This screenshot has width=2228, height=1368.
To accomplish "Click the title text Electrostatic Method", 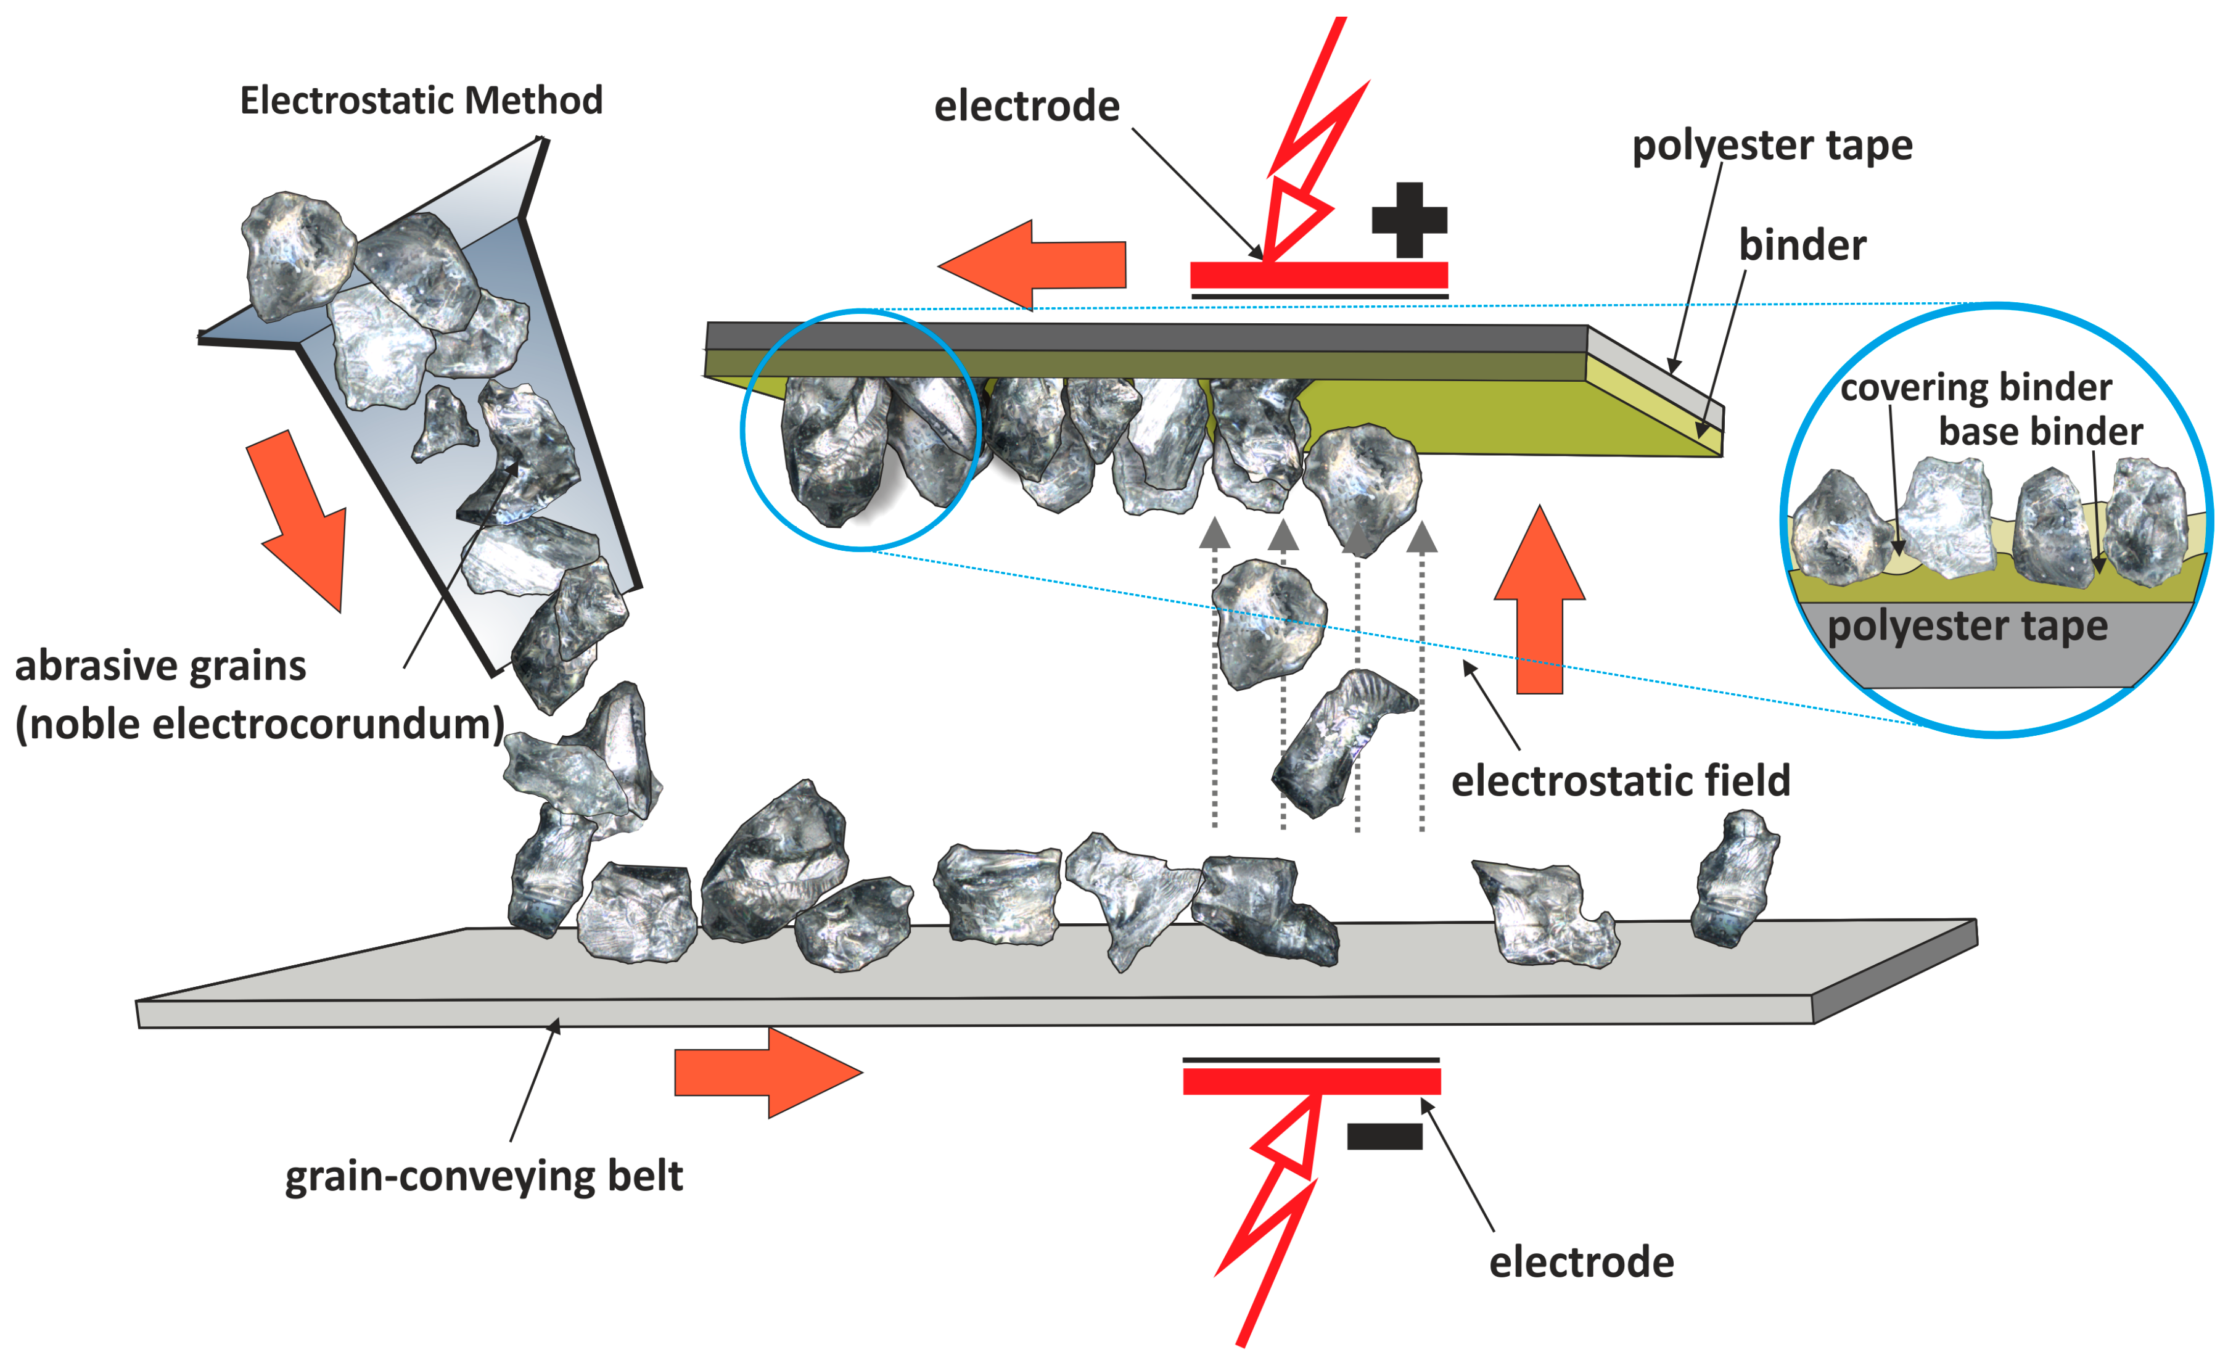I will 421,101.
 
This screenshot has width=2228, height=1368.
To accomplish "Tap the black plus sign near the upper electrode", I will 1408,220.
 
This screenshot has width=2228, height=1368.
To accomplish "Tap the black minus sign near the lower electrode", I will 1384,1136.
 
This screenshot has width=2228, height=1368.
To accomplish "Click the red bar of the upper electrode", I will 1318,274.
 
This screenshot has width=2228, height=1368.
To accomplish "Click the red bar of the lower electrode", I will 1311,1081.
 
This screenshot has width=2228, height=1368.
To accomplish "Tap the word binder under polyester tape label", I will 1802,246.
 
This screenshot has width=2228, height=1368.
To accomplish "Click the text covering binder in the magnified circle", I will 1976,387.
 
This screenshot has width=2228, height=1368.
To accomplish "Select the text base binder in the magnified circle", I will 2040,432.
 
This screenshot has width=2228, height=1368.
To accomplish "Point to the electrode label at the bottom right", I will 1581,1262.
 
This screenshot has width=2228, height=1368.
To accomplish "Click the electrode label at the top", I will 1027,107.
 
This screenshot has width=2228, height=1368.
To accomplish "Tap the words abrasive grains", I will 160,666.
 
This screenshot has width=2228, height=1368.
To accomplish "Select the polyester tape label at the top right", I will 1771,146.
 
